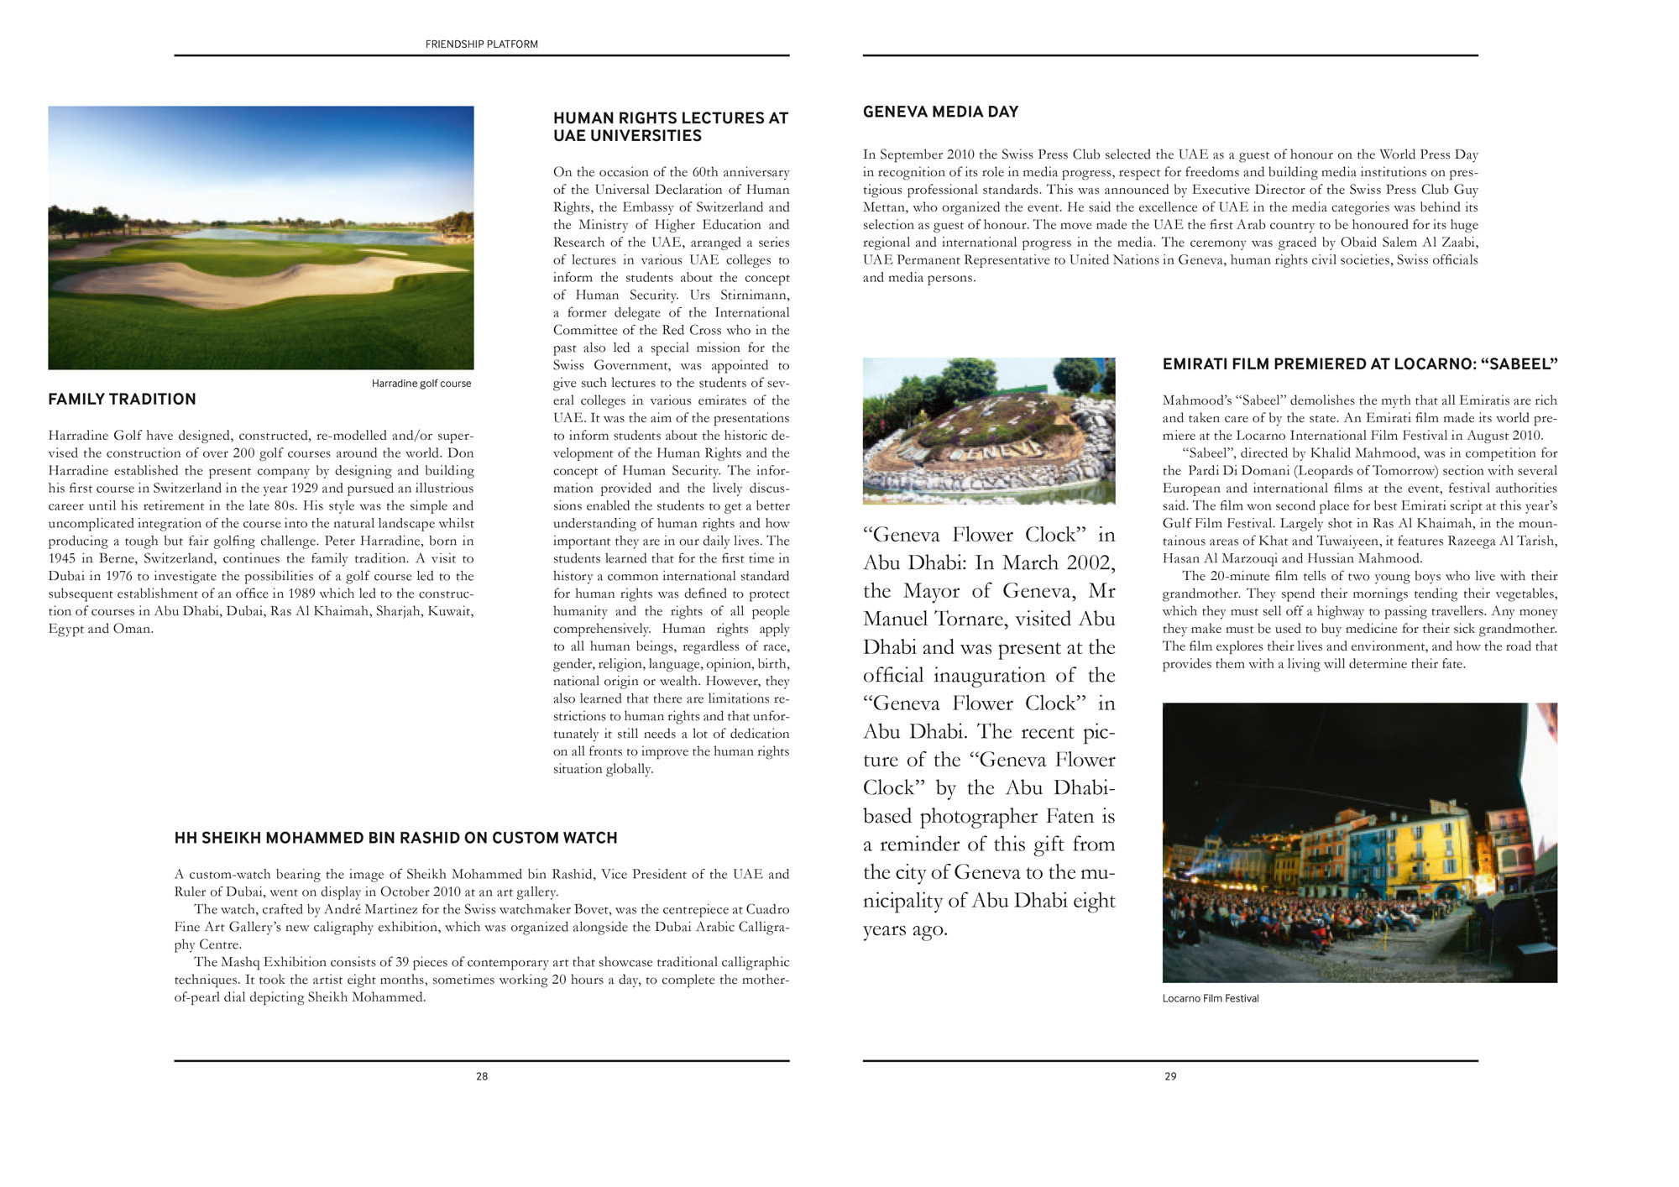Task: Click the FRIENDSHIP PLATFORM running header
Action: point(481,44)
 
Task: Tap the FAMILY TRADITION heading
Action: point(122,400)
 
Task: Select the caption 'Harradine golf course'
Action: point(421,384)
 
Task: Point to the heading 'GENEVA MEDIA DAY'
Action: point(940,112)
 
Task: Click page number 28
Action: point(482,1076)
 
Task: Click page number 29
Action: point(1170,1076)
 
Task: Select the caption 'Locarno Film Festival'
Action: point(1210,998)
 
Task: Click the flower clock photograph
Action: point(989,431)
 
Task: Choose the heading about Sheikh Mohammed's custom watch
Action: point(395,838)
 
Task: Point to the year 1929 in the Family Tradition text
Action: point(303,489)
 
